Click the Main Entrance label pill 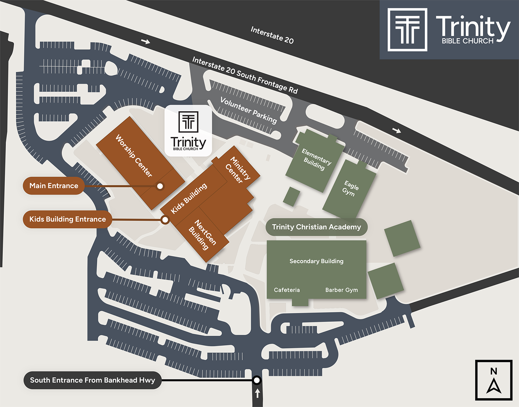tap(54, 186)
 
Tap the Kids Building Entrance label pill tap(67, 219)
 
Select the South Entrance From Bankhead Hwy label tap(92, 380)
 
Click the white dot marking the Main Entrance tap(160, 186)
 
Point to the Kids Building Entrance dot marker tap(165, 220)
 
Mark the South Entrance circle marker tap(257, 380)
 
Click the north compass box tap(493, 380)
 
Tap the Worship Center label tap(134, 156)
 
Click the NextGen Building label tap(203, 235)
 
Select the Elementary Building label tap(316, 160)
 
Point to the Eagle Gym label tap(350, 188)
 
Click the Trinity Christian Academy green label tap(316, 227)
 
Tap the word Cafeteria tap(287, 290)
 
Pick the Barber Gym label tap(342, 290)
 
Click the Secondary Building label tap(316, 261)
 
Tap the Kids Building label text tap(189, 198)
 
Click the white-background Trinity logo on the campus tap(188, 131)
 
